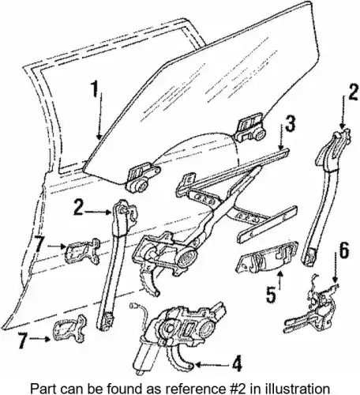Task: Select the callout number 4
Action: click(236, 363)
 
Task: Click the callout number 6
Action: click(343, 250)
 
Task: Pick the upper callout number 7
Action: click(39, 243)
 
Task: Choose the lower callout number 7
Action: click(23, 340)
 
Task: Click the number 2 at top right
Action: click(352, 92)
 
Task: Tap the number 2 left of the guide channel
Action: click(79, 208)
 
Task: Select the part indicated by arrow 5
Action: click(266, 258)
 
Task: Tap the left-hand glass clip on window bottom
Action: click(142, 178)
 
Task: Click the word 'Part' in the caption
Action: click(41, 389)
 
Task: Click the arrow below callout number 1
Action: click(99, 118)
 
